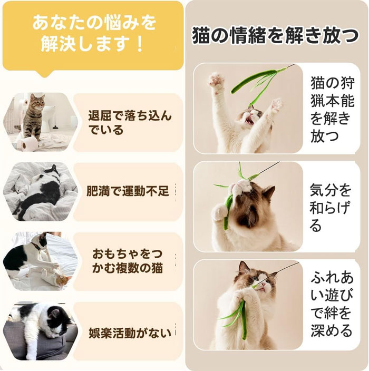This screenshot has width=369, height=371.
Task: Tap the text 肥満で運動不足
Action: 128,191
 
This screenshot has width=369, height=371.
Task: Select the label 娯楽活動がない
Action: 130,333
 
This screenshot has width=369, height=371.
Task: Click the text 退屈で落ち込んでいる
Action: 130,123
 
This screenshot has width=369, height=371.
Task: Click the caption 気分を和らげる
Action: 330,207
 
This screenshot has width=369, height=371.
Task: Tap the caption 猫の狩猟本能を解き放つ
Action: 333,110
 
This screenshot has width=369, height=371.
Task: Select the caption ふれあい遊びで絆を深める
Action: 332,304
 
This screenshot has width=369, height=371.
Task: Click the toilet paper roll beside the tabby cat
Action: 28,144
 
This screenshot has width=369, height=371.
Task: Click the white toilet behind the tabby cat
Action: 49,116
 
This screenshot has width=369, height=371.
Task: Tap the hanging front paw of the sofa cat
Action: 31,353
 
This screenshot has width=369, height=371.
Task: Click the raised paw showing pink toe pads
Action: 216,80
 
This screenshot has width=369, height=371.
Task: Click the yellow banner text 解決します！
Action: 93,44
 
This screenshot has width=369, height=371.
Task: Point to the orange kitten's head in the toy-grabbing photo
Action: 64,281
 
